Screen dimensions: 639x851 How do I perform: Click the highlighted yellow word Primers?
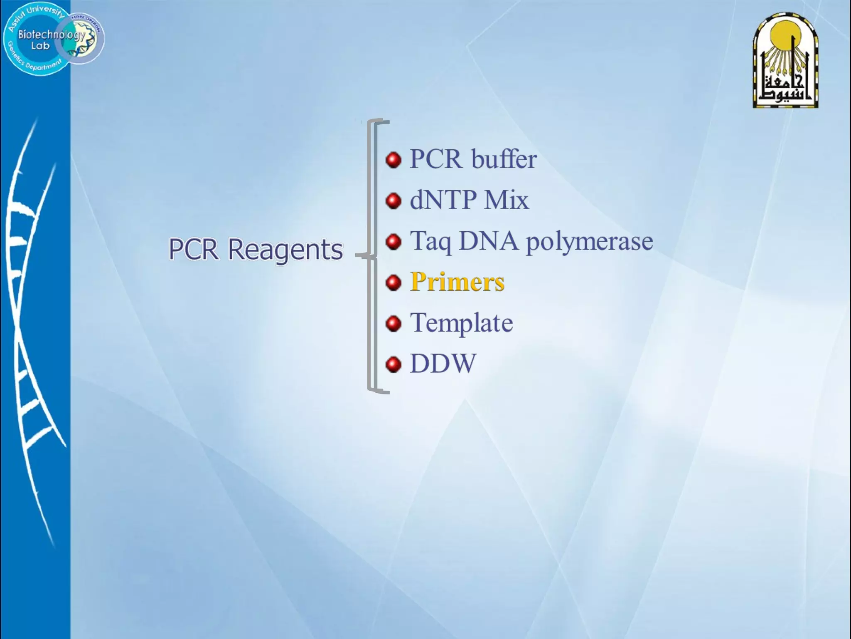457,282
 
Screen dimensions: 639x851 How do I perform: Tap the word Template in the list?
461,323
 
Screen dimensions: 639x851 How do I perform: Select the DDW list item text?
443,364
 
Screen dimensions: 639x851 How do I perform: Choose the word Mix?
507,200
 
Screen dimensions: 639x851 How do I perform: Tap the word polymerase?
589,241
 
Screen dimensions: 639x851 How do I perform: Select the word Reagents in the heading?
285,250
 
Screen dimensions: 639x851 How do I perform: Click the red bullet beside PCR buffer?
393,160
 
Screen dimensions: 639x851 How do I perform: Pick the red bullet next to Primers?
393,283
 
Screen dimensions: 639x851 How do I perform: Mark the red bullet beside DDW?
393,365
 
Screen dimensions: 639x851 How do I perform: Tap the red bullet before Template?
393,324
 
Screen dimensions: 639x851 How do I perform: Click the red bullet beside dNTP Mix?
393,201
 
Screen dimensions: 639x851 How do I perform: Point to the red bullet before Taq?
393,242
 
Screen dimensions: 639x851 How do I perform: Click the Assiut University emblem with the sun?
785,61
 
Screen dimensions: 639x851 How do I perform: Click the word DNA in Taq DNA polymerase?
488,241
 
